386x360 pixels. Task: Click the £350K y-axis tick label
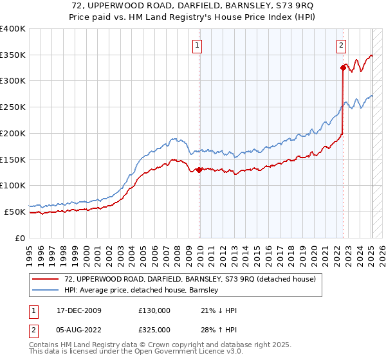tap(13, 55)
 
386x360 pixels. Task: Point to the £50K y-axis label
tap(15, 212)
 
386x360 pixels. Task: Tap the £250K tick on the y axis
tap(13, 107)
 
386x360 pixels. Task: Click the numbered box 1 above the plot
tap(197, 45)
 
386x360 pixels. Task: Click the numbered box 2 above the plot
tap(340, 45)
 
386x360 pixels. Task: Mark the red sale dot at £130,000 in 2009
tap(199, 170)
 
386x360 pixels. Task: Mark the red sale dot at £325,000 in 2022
tap(343, 67)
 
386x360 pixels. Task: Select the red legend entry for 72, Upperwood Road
tap(190, 279)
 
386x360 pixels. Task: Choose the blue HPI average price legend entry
tap(142, 290)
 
